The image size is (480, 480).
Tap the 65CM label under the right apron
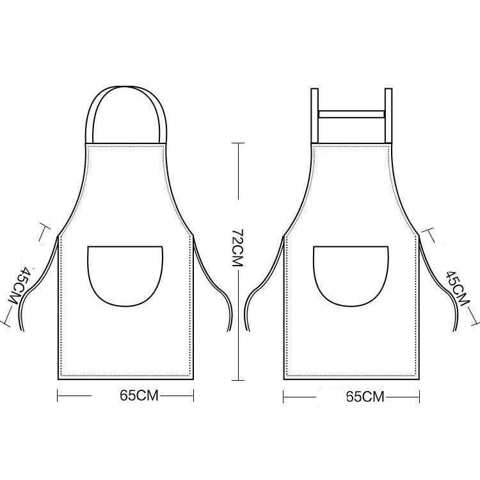365,397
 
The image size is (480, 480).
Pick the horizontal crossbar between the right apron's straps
351,114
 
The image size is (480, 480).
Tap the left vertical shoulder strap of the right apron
315,115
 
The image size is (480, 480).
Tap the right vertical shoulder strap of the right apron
388,115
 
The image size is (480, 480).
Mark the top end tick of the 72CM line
237,144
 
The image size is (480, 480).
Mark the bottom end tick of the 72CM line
237,379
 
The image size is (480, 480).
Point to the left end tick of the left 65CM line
58,396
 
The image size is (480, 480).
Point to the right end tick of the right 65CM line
420,397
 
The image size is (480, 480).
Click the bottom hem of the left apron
125,378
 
